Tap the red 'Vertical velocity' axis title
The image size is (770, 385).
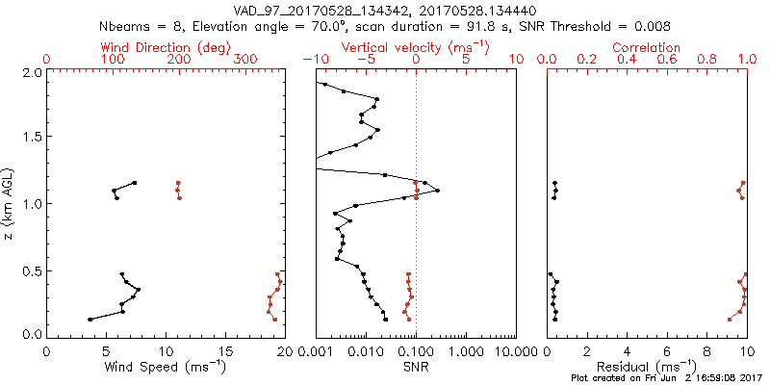coord(415,47)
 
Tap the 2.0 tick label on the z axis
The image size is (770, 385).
coord(32,72)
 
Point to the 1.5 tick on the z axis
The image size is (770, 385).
coord(32,138)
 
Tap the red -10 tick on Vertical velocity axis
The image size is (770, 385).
coord(314,60)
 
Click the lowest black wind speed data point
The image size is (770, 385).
coord(90,320)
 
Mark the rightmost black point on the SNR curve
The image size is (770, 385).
coord(437,191)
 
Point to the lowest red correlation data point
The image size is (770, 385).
coord(730,320)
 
